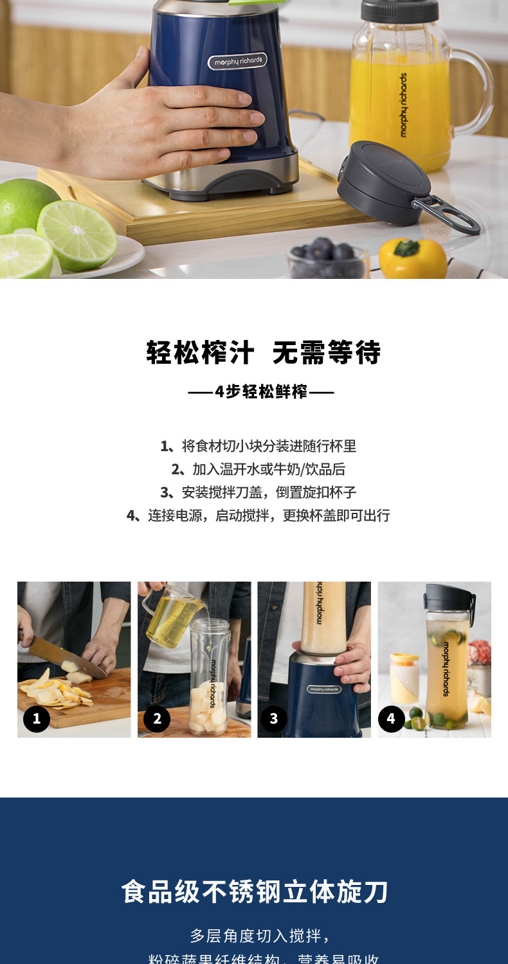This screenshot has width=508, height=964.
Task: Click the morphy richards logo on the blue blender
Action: pos(237,62)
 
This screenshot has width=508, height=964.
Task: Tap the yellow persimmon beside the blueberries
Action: pos(412,258)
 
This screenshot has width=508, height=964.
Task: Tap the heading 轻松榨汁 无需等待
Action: pos(263,353)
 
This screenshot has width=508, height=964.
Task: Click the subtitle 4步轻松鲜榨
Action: pos(260,391)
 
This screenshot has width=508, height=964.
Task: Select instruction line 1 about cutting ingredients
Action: pos(259,446)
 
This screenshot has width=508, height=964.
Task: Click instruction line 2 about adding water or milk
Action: pos(259,469)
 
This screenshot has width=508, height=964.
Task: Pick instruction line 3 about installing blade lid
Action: pos(259,492)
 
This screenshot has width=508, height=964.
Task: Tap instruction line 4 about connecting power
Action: pos(259,515)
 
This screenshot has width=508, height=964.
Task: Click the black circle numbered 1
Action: pos(37,719)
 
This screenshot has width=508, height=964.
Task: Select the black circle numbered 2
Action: pos(157,719)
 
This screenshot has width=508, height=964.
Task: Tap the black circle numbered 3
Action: pos(274,719)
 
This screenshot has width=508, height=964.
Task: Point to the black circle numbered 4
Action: pos(391,719)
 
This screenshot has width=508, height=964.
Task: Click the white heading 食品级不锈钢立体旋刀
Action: pos(255,892)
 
